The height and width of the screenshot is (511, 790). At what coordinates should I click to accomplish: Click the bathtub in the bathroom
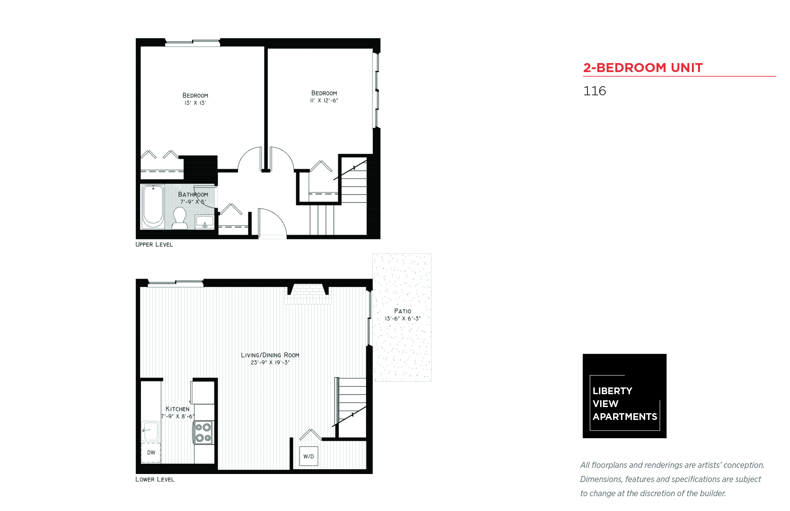(x=153, y=206)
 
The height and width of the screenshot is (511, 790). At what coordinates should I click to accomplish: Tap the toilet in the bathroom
(x=180, y=218)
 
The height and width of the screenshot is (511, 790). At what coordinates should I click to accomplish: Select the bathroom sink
(x=204, y=221)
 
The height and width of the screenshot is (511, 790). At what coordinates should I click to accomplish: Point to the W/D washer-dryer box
(x=308, y=456)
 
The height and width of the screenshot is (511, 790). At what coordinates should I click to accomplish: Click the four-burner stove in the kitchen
(x=203, y=432)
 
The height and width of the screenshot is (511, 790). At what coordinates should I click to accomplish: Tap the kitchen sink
(x=150, y=431)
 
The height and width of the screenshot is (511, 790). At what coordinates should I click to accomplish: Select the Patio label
(x=402, y=311)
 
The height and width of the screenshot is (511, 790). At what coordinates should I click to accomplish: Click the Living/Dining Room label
(x=270, y=355)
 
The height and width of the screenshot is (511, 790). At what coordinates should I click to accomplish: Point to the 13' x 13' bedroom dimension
(x=195, y=103)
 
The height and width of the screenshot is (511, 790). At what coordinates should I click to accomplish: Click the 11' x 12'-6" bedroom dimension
(x=324, y=100)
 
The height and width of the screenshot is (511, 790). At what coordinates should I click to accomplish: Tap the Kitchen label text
(x=178, y=409)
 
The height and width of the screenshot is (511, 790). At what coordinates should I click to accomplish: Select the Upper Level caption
(x=154, y=245)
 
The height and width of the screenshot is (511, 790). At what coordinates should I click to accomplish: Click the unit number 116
(x=594, y=91)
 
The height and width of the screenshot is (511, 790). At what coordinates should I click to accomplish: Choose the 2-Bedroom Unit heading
(x=643, y=68)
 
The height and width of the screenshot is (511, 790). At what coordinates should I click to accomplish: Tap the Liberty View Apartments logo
(x=624, y=396)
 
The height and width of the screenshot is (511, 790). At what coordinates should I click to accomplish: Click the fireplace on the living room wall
(x=308, y=294)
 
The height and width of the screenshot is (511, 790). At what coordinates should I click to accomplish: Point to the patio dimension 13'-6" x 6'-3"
(x=403, y=319)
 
